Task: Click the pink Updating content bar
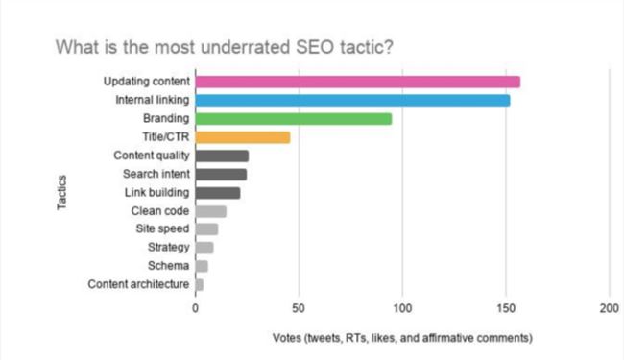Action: [x=357, y=82]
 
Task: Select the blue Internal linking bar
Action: [x=352, y=100]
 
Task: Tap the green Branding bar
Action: [x=294, y=118]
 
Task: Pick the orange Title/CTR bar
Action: [x=243, y=137]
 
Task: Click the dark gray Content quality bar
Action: [x=222, y=156]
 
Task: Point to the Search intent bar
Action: [x=221, y=174]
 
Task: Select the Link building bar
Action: [x=218, y=192]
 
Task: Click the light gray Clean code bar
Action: [x=211, y=211]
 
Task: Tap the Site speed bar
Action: [x=206, y=229]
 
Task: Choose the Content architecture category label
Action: [x=138, y=284]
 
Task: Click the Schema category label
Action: [x=168, y=266]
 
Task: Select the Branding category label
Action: [x=166, y=118]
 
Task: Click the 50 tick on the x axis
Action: [x=300, y=309]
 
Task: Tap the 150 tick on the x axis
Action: [x=506, y=309]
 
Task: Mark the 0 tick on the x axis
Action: [x=196, y=309]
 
